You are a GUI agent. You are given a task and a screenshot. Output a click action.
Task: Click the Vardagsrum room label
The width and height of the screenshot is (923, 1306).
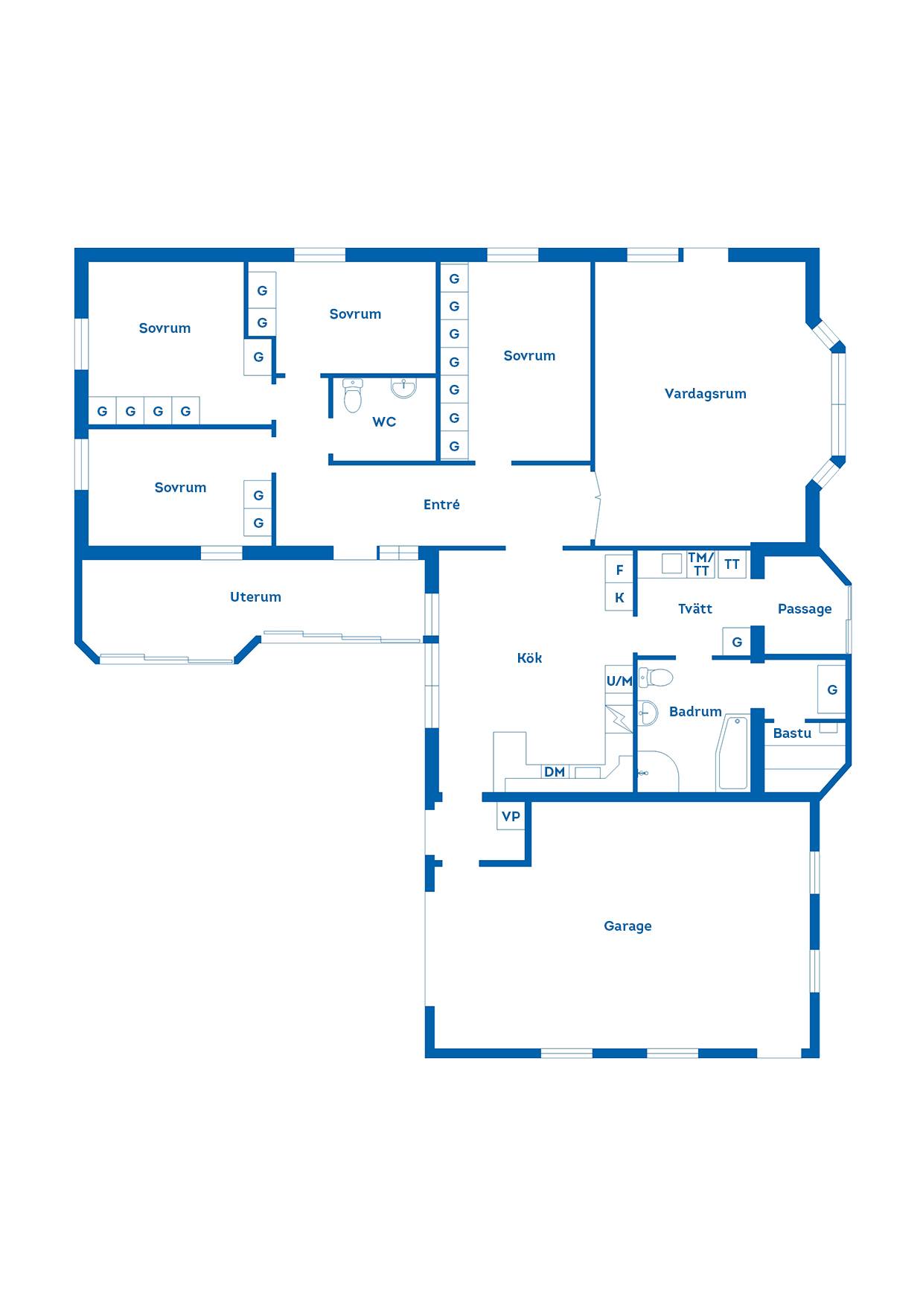tap(705, 394)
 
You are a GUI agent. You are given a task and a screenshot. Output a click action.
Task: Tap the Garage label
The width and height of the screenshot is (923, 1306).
tap(627, 926)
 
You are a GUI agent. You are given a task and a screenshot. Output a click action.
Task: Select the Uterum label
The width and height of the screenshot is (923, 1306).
tap(255, 597)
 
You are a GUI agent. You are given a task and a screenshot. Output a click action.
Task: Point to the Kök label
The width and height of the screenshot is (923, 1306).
tap(529, 657)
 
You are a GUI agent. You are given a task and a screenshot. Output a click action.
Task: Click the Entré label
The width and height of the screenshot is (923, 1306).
tap(441, 505)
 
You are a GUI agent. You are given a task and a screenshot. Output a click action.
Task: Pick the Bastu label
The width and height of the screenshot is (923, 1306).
tap(792, 733)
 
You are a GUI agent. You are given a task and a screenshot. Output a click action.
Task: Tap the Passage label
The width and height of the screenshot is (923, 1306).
tap(805, 609)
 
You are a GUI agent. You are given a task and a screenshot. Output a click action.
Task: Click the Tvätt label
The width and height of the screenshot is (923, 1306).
tap(695, 608)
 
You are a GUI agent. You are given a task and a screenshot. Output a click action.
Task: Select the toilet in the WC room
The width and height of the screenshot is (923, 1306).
tap(353, 395)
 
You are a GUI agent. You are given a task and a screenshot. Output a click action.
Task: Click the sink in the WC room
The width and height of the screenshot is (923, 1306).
tap(403, 388)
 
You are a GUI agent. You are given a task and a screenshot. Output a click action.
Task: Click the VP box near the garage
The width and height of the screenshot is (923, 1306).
tap(511, 816)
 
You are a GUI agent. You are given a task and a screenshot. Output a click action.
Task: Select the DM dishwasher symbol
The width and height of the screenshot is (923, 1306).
tap(555, 772)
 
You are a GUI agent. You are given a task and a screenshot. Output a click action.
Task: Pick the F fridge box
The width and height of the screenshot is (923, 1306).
tap(619, 570)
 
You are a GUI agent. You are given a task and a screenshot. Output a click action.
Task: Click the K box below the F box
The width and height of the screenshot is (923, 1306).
tap(619, 598)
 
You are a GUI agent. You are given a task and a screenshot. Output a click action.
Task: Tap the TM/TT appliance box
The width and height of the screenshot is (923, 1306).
tap(701, 564)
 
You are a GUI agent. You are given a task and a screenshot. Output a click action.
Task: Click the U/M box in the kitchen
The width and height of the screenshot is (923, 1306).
tap(619, 681)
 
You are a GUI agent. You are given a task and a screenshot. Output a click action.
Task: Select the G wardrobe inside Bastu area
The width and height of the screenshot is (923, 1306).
tap(832, 690)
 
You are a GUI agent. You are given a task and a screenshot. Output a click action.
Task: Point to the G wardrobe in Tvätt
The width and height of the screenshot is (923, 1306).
tap(737, 642)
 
